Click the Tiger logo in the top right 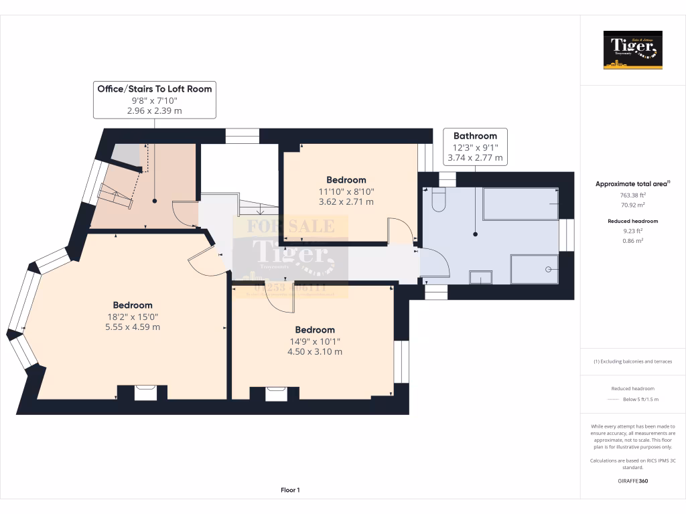click(632, 50)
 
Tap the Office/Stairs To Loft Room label click(155, 89)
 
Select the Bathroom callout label click(475, 136)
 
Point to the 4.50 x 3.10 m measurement click(315, 351)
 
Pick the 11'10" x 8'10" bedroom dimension click(346, 191)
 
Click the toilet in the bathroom click(439, 200)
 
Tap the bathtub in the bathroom click(521, 204)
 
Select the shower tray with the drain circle click(534, 269)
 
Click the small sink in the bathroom click(480, 277)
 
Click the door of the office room click(185, 213)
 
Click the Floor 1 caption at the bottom click(290, 491)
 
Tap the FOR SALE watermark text click(290, 226)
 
